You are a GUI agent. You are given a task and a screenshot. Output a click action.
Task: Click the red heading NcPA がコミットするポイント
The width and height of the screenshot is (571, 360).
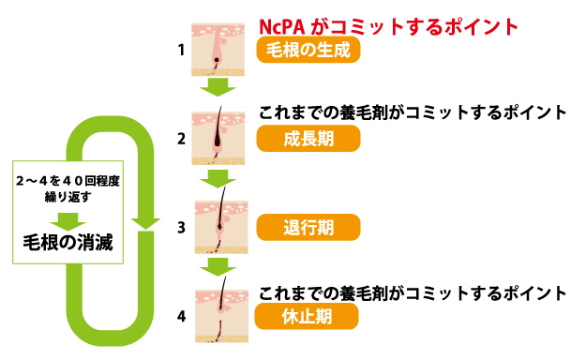388,26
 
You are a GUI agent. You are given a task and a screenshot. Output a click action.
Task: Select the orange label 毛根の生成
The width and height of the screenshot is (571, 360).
308,50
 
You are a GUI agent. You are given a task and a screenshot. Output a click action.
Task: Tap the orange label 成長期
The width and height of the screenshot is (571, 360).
308,139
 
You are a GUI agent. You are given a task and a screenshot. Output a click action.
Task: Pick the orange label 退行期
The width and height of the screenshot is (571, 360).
308,227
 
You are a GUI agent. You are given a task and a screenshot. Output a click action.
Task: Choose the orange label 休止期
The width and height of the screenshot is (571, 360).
307,316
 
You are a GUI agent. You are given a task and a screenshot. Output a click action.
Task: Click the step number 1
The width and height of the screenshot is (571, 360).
181,50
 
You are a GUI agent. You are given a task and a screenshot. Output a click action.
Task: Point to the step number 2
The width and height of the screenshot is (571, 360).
181,139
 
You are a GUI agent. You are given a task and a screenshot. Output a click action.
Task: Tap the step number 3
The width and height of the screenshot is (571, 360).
181,228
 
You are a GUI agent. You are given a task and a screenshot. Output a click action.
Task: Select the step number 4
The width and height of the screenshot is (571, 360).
181,316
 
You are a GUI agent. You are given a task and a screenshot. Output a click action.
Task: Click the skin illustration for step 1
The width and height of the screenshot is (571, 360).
218,50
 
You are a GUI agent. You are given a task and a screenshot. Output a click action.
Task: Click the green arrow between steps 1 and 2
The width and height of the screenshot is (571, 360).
218,86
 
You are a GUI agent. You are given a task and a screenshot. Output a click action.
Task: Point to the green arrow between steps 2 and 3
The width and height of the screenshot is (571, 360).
218,178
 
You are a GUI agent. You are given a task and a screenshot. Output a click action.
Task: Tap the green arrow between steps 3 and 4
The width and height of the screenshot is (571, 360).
218,267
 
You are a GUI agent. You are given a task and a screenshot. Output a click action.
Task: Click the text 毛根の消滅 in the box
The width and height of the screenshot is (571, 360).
68,243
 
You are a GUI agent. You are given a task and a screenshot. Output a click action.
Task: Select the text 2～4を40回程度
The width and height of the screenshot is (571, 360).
68,181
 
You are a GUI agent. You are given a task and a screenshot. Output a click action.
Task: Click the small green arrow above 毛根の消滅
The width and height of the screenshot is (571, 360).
68,221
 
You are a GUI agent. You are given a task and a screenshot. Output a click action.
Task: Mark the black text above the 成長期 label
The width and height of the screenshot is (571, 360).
413,112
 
